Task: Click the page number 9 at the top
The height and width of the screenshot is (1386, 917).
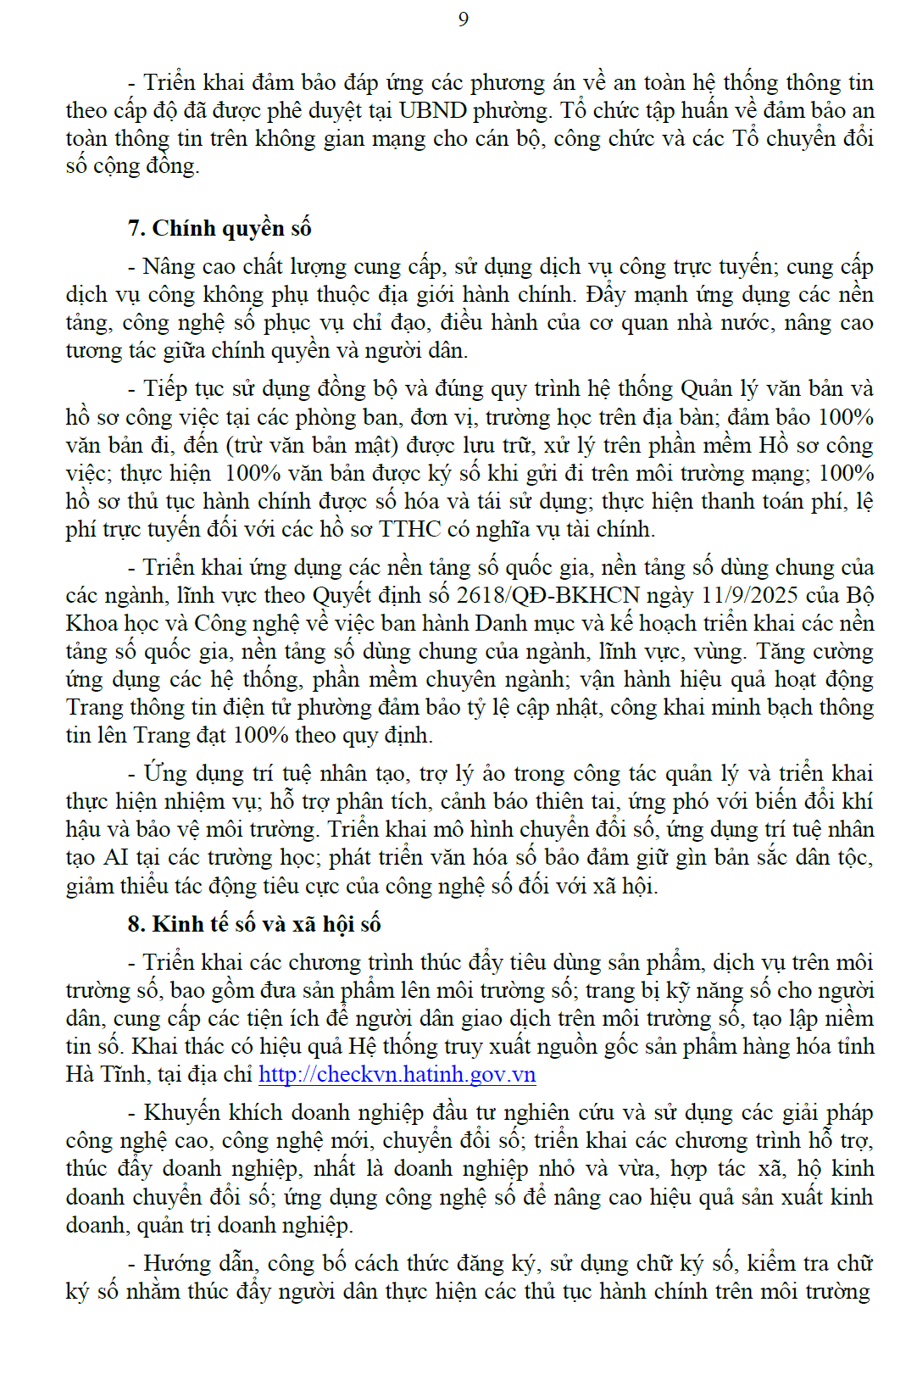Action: coord(463,19)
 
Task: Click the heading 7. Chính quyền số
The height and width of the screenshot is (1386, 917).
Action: coord(220,228)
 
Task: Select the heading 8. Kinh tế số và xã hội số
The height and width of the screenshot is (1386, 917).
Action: coord(254,924)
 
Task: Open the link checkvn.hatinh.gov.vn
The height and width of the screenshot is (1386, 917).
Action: coord(397,1074)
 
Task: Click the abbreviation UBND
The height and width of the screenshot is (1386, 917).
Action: coord(432,110)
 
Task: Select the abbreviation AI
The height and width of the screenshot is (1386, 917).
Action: coord(115,857)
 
